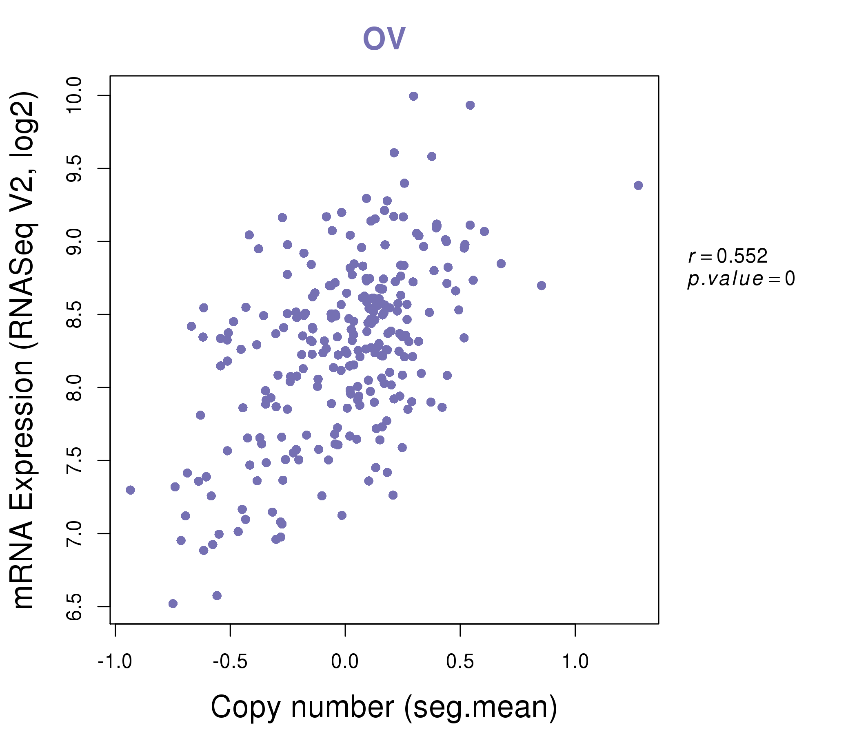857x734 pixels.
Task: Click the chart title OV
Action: [384, 38]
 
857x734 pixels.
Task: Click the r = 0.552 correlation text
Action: [728, 256]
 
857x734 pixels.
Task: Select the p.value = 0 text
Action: [741, 279]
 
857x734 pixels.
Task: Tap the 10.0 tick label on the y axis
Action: [74, 96]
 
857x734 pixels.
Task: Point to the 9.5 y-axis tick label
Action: [74, 169]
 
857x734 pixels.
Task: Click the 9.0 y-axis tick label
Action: [74, 242]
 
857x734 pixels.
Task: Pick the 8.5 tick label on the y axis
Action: [74, 314]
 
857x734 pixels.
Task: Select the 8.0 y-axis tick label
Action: [74, 388]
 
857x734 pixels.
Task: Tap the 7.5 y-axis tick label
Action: [74, 460]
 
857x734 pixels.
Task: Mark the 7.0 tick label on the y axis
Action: [74, 533]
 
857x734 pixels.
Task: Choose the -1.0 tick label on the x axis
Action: [115, 662]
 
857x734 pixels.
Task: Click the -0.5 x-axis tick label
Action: [230, 662]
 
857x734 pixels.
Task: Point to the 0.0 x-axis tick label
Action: [345, 662]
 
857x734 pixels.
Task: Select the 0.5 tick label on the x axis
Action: [460, 662]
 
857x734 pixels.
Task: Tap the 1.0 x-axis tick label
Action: [575, 662]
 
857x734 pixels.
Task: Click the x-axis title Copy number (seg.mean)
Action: [384, 707]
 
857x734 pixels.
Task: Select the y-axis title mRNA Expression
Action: [24, 349]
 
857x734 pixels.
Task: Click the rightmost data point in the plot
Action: [638, 186]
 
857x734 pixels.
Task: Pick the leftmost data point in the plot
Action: [131, 490]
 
